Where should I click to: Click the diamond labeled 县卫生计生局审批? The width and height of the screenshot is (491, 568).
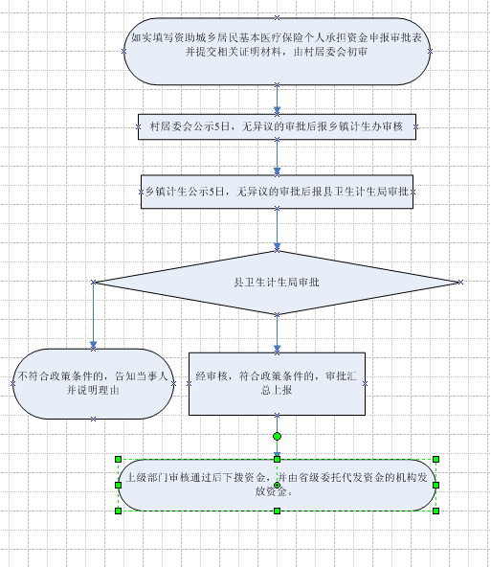pyautogui.click(x=277, y=283)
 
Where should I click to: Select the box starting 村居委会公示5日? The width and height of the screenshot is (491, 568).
pyautogui.click(x=277, y=126)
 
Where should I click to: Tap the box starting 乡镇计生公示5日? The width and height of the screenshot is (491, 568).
pyautogui.click(x=277, y=192)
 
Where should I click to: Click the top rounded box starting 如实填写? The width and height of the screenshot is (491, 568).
pyautogui.click(x=277, y=52)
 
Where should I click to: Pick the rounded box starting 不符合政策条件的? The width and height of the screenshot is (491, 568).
pyautogui.click(x=94, y=384)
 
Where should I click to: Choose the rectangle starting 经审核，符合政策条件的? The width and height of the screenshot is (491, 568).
pyautogui.click(x=277, y=384)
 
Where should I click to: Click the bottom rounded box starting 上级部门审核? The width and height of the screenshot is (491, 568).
pyautogui.click(x=277, y=485)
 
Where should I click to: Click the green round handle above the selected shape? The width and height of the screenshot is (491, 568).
pyautogui.click(x=277, y=436)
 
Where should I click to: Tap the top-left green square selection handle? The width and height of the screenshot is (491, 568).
pyautogui.click(x=118, y=460)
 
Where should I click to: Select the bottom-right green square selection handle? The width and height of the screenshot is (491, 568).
pyautogui.click(x=435, y=511)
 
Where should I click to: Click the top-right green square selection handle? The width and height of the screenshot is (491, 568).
pyautogui.click(x=435, y=460)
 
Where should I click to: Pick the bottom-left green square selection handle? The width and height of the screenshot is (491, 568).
pyautogui.click(x=118, y=511)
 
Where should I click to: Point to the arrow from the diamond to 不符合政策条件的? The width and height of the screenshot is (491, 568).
pyautogui.click(x=94, y=315)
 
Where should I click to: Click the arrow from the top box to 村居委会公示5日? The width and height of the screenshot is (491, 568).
pyautogui.click(x=277, y=100)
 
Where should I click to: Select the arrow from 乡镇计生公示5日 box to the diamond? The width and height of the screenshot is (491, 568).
pyautogui.click(x=277, y=229)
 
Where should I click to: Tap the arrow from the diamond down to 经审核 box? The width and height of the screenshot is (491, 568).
pyautogui.click(x=277, y=333)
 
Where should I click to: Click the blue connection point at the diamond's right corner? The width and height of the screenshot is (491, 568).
pyautogui.click(x=460, y=282)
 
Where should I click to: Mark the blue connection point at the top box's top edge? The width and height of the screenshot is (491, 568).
pyautogui.click(x=277, y=17)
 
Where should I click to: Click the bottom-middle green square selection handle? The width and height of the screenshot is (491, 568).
pyautogui.click(x=277, y=511)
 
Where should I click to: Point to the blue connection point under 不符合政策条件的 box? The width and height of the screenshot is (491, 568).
pyautogui.click(x=94, y=420)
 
